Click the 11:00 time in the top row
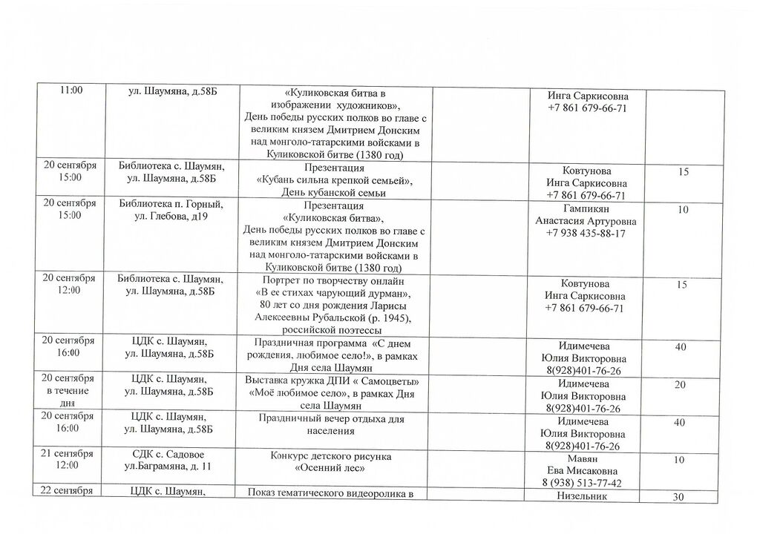71,90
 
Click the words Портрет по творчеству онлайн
333,281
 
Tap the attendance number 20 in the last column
681,385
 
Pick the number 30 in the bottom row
678,498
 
